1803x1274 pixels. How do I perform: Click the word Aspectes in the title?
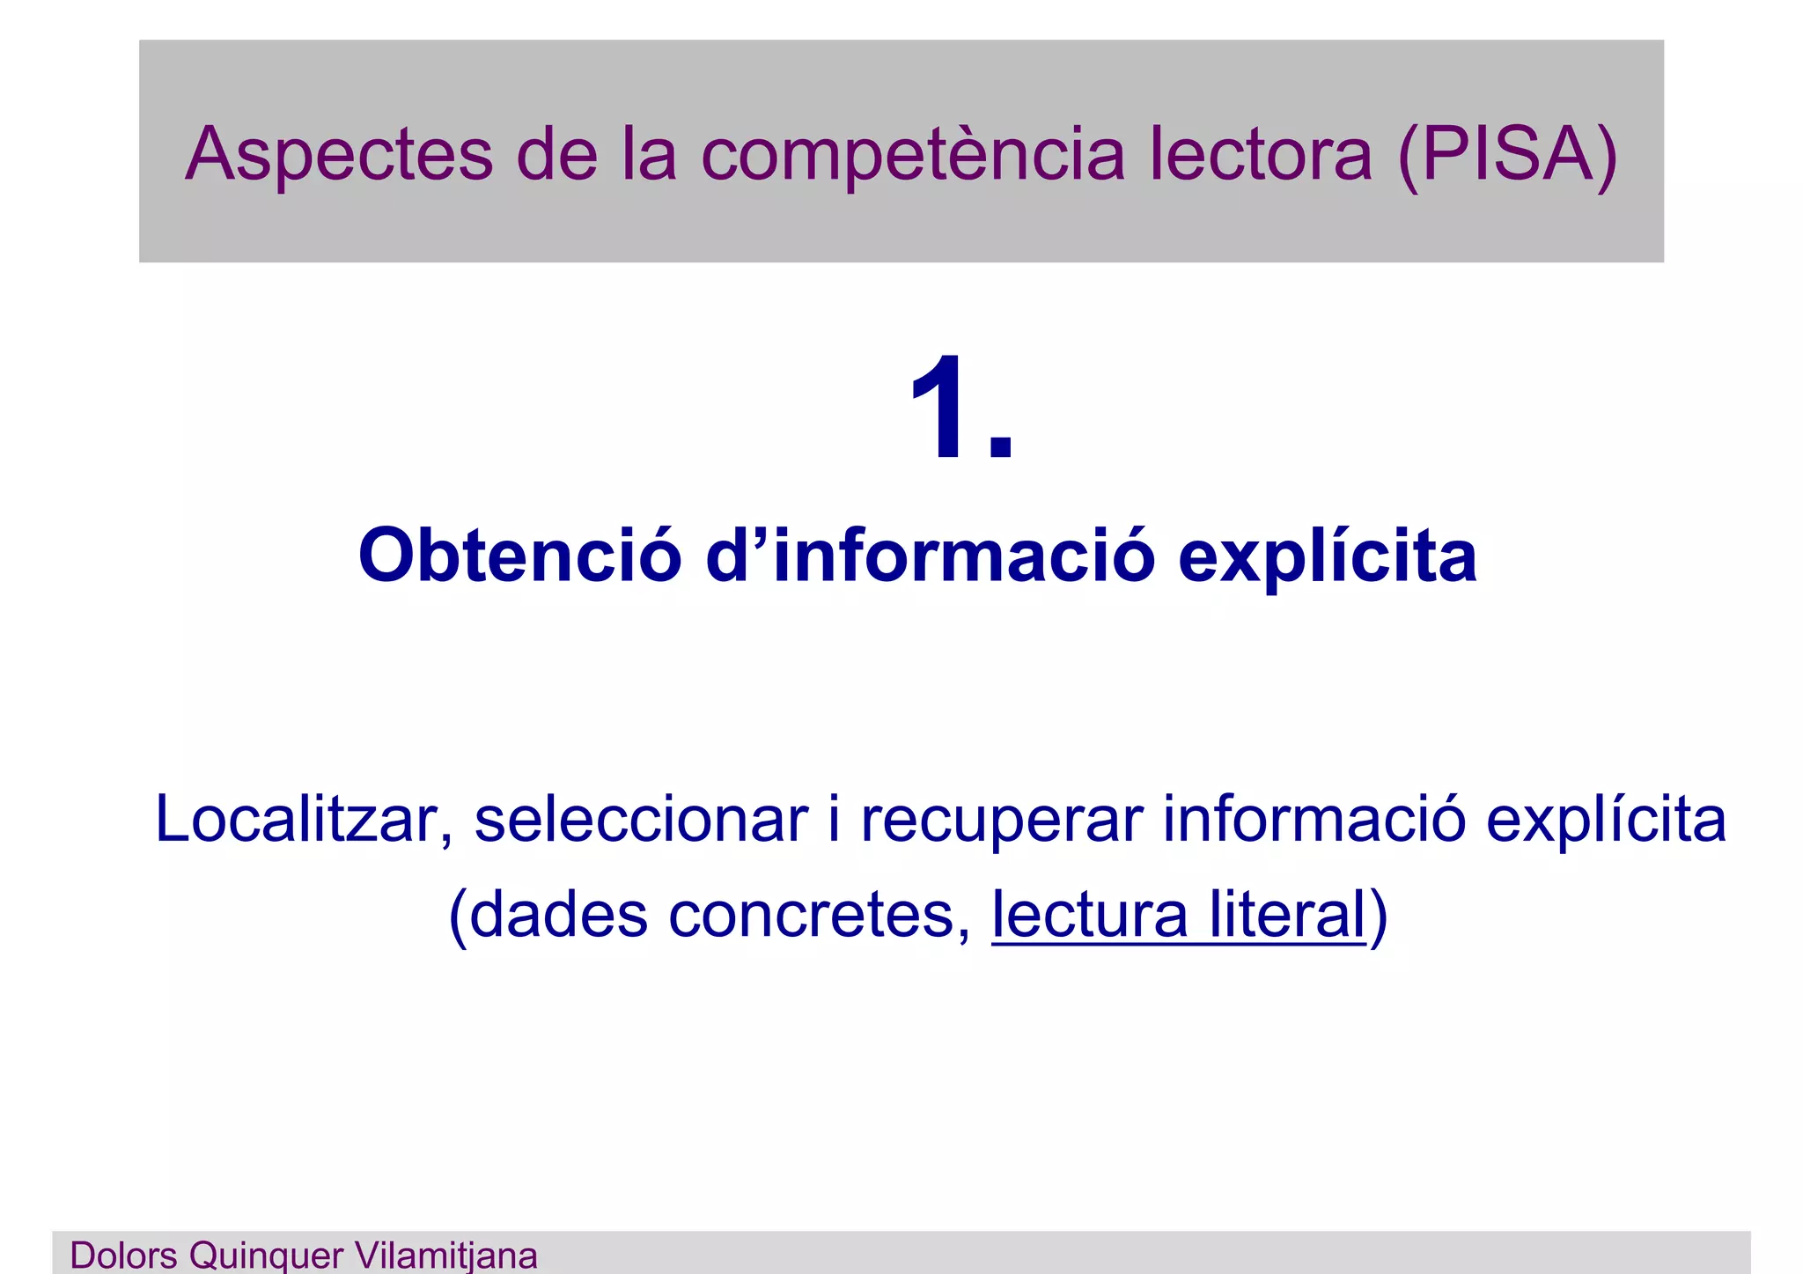click(339, 154)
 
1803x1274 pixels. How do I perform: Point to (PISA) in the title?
click(1507, 156)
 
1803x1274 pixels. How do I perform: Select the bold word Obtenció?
click(519, 556)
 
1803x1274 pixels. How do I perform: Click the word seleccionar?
click(641, 820)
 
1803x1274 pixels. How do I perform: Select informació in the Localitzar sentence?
click(1314, 820)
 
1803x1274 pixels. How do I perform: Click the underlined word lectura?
click(1090, 915)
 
